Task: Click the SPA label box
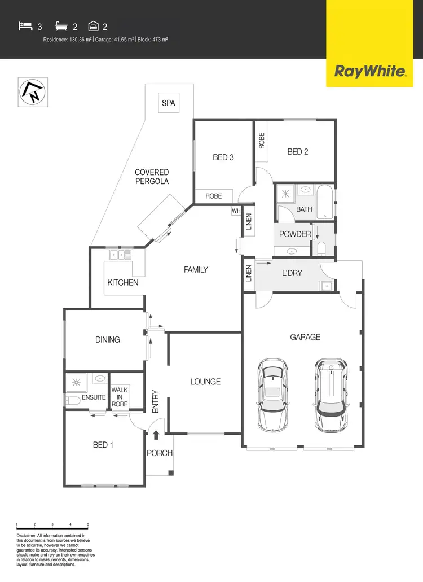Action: point(168,103)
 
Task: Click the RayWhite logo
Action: point(370,71)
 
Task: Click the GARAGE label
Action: point(305,337)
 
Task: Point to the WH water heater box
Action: point(236,211)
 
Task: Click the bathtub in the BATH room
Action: point(325,202)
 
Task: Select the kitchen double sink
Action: point(121,255)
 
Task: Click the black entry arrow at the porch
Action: point(156,434)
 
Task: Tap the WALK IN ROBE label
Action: point(120,397)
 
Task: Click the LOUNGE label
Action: point(205,382)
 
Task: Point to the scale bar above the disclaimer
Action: point(52,526)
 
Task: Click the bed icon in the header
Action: point(25,26)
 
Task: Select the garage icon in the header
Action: point(93,26)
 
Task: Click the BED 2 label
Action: point(298,151)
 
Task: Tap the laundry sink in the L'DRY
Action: point(327,286)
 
